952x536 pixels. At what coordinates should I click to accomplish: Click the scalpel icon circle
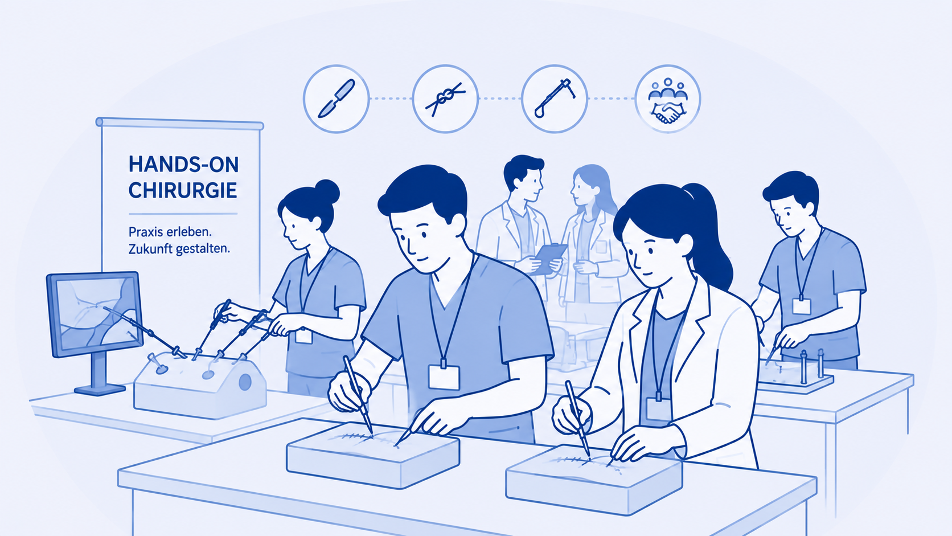pos(336,99)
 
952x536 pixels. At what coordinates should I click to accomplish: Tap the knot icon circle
pos(445,99)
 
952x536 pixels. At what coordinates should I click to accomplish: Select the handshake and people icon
pos(668,99)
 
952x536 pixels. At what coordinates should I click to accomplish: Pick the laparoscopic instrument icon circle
pos(554,99)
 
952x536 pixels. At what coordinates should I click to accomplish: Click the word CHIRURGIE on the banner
pos(183,190)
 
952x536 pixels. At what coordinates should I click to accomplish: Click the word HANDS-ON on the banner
pos(183,165)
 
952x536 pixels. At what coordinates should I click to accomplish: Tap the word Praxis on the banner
pos(145,232)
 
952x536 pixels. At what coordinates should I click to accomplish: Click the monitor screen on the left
pos(96,313)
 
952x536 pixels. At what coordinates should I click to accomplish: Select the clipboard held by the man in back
pos(551,259)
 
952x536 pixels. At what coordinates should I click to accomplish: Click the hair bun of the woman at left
pos(326,191)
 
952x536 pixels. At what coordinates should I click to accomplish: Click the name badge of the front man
pos(444,377)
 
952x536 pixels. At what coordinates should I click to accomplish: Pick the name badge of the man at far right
pos(801,306)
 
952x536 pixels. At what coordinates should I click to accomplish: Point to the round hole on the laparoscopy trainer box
pos(245,382)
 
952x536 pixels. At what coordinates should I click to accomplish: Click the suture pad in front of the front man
pos(373,455)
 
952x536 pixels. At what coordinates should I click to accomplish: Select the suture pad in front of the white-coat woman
pos(594,479)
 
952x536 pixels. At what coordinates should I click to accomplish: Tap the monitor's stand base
pos(100,390)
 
